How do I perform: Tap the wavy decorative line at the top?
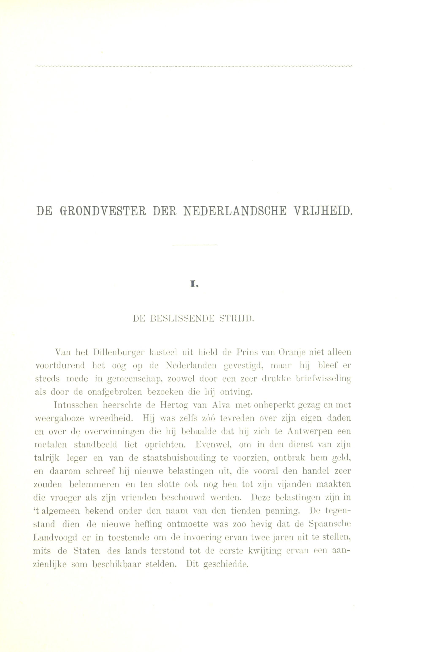(x=194, y=66)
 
